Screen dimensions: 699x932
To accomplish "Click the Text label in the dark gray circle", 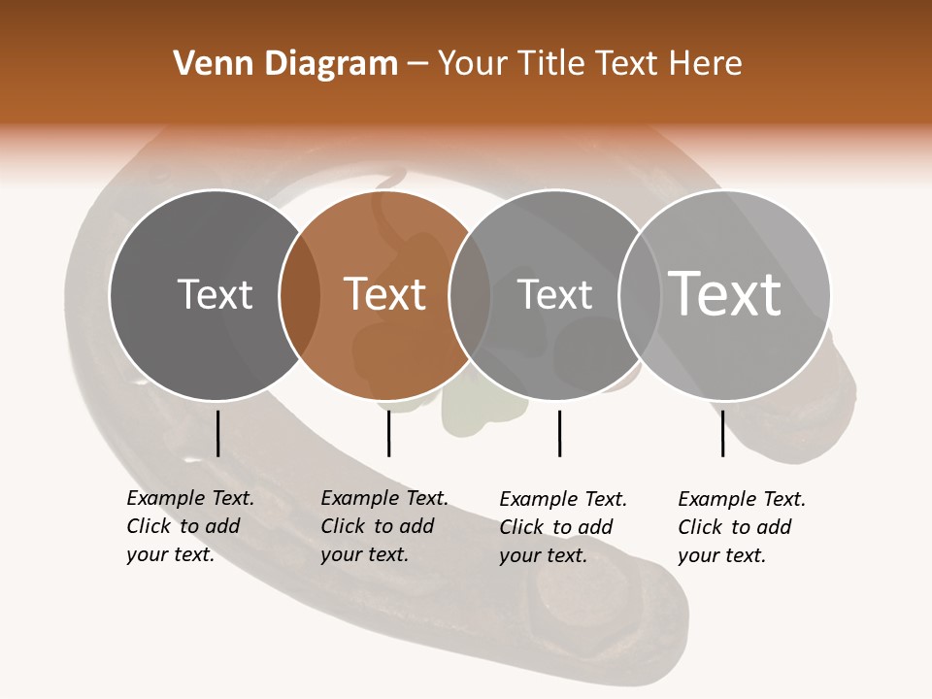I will click(215, 294).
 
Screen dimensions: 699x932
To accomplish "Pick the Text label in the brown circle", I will click(385, 294).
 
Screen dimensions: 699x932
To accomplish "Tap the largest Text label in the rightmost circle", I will click(725, 293).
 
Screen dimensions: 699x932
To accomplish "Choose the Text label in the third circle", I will click(554, 294).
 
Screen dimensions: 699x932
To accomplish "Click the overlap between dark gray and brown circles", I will click(300, 294).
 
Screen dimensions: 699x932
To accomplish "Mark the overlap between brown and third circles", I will click(470, 294).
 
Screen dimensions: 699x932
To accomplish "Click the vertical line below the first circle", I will click(217, 433).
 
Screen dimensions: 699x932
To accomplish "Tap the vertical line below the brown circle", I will click(388, 433).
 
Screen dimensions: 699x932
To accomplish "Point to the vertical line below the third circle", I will click(559, 433).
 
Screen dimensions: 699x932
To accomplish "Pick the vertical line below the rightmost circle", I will click(722, 433).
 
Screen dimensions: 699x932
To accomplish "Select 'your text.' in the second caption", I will click(364, 554).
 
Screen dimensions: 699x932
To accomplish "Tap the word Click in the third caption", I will click(521, 527).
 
